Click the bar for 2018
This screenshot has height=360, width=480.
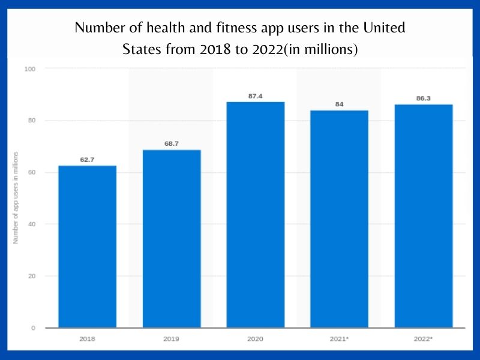[87, 247]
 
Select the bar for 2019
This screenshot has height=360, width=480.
[172, 239]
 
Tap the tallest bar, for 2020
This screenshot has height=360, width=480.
[255, 215]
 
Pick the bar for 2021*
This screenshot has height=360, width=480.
[339, 219]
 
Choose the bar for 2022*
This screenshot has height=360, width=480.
[424, 216]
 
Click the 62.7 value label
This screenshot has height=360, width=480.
[87, 160]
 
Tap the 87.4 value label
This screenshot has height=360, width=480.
[255, 96]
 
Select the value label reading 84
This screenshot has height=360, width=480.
[339, 105]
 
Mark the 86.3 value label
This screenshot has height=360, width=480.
[424, 98]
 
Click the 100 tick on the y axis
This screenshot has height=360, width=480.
[30, 69]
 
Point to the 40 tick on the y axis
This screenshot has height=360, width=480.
[31, 224]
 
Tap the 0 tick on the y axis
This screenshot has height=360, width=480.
[33, 328]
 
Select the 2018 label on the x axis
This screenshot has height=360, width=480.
[87, 339]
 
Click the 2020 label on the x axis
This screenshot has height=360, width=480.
[255, 339]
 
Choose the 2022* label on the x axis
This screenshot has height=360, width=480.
[424, 339]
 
